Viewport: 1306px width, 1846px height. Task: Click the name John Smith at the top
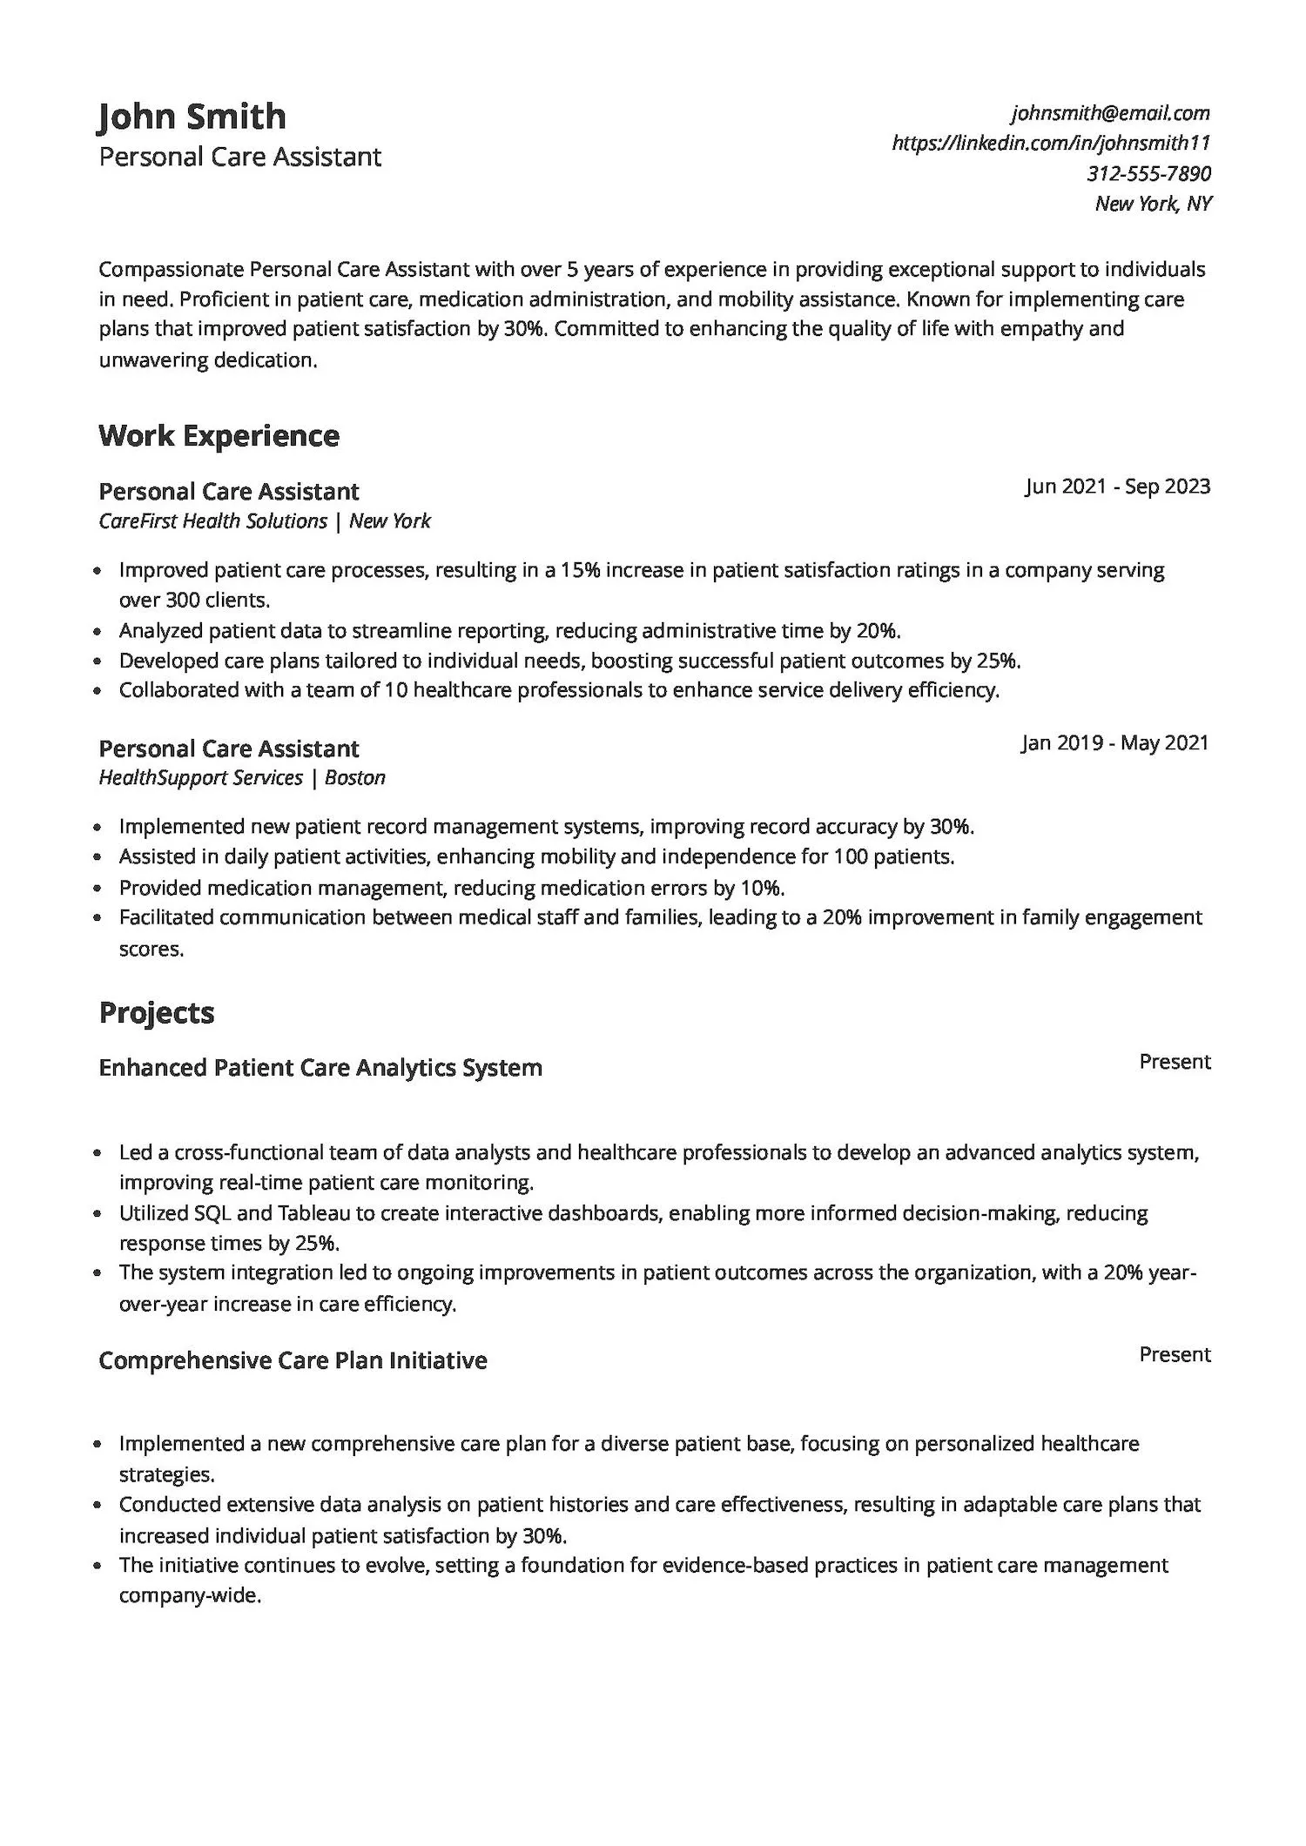192,117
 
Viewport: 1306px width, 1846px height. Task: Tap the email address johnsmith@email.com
1110,113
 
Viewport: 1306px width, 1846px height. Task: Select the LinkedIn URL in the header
1051,143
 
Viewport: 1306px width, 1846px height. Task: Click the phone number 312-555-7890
1148,173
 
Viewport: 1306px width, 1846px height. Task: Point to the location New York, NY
1153,204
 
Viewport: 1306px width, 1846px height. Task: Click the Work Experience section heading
219,435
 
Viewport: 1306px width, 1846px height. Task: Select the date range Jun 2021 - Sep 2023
1117,486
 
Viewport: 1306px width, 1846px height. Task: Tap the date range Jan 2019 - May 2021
1115,742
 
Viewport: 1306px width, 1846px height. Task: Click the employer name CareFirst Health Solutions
213,521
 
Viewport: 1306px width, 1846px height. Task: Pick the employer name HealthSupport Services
201,778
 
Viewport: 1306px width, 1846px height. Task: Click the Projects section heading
157,1012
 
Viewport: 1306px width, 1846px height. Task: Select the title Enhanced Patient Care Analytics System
320,1068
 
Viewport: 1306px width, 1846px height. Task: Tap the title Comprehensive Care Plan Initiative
293,1360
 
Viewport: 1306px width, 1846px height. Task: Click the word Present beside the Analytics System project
1175,1062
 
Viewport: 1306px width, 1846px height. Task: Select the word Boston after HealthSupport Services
354,778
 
